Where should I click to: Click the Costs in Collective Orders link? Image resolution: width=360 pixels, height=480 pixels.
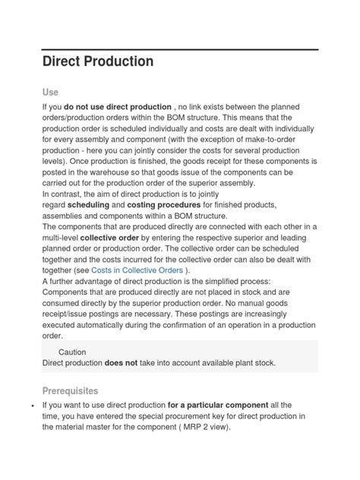pyautogui.click(x=145, y=271)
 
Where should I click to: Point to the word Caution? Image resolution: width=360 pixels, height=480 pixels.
pyautogui.click(x=72, y=352)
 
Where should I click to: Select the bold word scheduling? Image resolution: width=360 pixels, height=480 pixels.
pyautogui.click(x=89, y=205)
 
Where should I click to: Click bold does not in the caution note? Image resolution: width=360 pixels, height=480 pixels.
pyautogui.click(x=121, y=363)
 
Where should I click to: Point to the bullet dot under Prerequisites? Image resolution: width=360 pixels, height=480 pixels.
pyautogui.click(x=32, y=406)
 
